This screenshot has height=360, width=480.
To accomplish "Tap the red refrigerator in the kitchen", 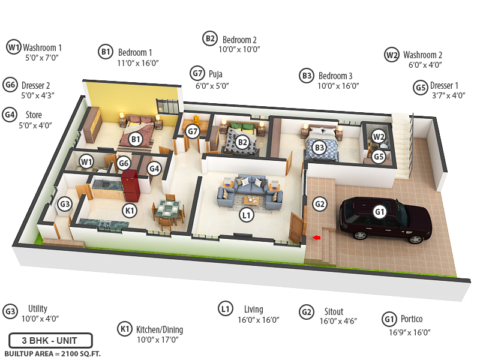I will point(130,185).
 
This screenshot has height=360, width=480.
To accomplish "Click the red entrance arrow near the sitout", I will point(317,238).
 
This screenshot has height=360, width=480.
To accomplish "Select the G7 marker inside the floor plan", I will point(192,131).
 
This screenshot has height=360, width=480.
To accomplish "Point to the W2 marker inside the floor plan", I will point(378,136).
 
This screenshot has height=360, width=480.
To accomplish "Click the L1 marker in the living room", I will point(246,214).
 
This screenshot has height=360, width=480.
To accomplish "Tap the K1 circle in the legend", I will point(125,329).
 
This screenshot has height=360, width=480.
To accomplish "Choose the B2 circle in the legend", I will point(210,38).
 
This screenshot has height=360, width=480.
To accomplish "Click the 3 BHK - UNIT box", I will point(50,340).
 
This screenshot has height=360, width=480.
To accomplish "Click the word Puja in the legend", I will point(215,74).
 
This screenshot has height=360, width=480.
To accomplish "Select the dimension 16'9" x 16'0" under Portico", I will point(410,332).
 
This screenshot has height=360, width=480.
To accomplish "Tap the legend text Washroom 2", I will point(422,55).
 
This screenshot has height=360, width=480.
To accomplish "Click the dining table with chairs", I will point(169,211).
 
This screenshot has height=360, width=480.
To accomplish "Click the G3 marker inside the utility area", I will point(65,204).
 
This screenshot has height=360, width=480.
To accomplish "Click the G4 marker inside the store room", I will point(154,169).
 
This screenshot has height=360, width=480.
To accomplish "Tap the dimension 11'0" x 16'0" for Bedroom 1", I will point(138,64).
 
